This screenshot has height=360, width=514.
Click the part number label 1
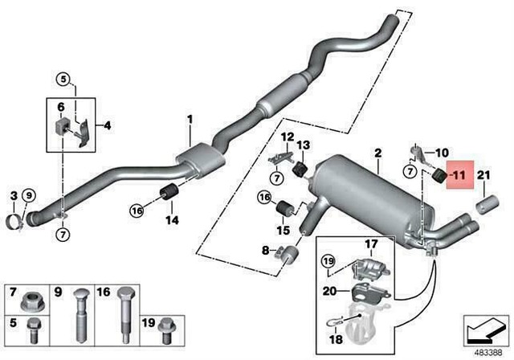(x=190, y=121)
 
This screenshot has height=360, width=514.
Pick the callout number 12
(x=287, y=137)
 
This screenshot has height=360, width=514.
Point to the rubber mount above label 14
(x=170, y=194)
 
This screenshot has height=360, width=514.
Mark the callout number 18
(x=335, y=329)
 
